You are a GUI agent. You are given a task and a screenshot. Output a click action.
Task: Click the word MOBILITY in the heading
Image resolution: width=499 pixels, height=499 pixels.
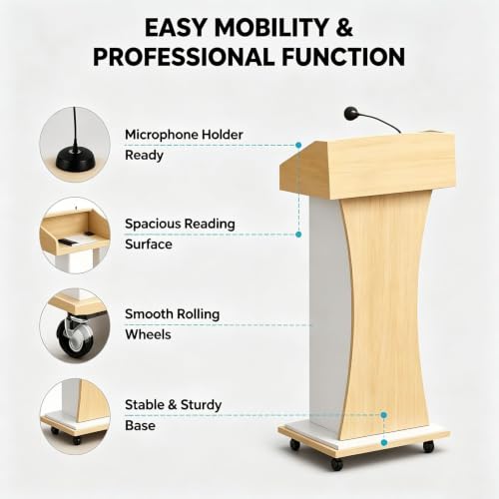click(x=271, y=27)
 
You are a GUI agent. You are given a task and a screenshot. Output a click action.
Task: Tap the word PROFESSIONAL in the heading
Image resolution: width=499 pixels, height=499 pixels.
click(x=184, y=57)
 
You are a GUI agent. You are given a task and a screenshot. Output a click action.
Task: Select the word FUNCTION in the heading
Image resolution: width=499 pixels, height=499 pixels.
click(x=343, y=57)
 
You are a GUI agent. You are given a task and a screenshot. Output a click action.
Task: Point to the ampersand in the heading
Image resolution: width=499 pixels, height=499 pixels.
click(x=344, y=27)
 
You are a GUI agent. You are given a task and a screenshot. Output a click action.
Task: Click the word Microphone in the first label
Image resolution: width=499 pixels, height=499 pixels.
click(x=162, y=135)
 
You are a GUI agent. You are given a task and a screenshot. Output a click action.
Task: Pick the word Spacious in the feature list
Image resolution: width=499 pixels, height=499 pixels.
click(x=153, y=225)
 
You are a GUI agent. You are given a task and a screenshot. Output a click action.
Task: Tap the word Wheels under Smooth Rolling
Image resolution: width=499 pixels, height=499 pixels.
click(x=148, y=334)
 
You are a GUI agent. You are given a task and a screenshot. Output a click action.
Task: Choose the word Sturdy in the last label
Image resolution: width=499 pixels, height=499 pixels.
click(x=201, y=405)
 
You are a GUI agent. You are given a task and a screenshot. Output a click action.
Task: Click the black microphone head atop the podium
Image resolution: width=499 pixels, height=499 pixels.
click(x=350, y=113)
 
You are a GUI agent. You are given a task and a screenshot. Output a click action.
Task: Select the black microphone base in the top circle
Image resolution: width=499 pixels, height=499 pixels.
click(x=76, y=159)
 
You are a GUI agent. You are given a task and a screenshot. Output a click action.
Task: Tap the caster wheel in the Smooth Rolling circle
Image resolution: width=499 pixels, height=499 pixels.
click(x=75, y=337)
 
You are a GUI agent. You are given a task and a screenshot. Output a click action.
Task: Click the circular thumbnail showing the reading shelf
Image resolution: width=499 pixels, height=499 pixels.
click(x=75, y=235)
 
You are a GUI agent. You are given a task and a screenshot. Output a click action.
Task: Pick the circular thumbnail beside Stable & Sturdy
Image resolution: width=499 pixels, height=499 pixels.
click(x=75, y=416)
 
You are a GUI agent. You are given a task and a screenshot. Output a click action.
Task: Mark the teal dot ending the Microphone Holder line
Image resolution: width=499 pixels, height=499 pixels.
click(x=298, y=145)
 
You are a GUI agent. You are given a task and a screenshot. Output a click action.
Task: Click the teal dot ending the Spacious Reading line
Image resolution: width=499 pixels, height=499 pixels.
click(x=298, y=235)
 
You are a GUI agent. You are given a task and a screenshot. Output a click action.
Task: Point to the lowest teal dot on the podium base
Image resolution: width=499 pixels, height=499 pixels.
click(x=384, y=442)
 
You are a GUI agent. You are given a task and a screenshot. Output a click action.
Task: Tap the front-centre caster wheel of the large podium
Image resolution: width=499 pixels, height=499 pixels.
click(x=337, y=464)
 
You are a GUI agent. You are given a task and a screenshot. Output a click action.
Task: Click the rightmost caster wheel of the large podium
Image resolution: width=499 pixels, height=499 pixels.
click(x=429, y=446)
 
